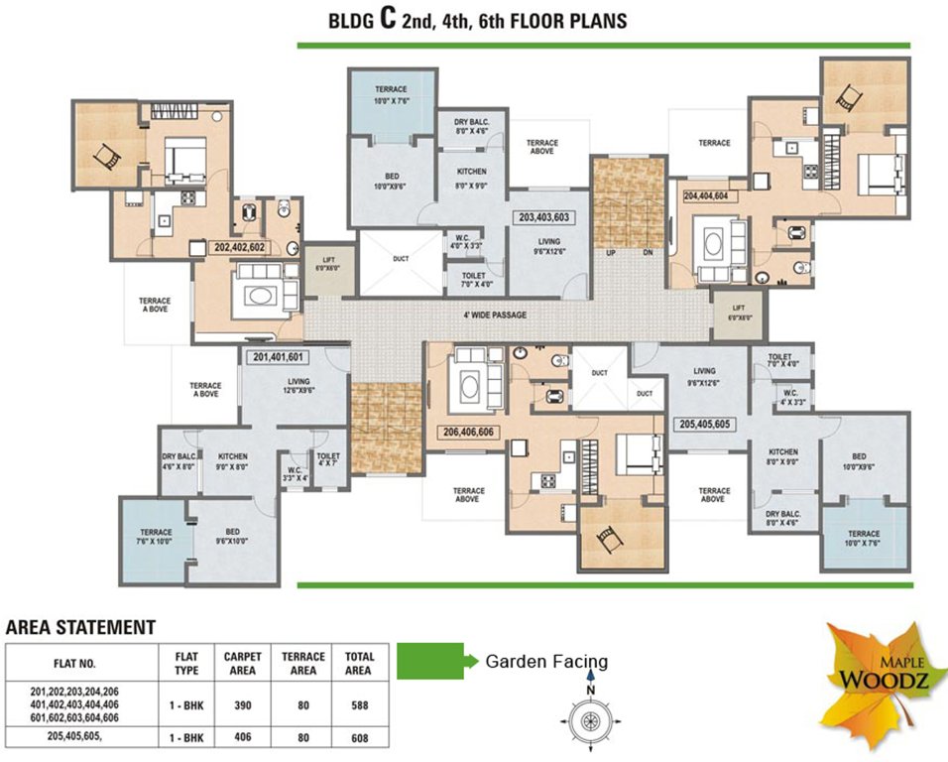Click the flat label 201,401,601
[278, 357]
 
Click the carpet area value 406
[242, 738]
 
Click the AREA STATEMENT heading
[80, 627]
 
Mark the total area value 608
[358, 738]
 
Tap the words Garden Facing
[546, 662]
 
